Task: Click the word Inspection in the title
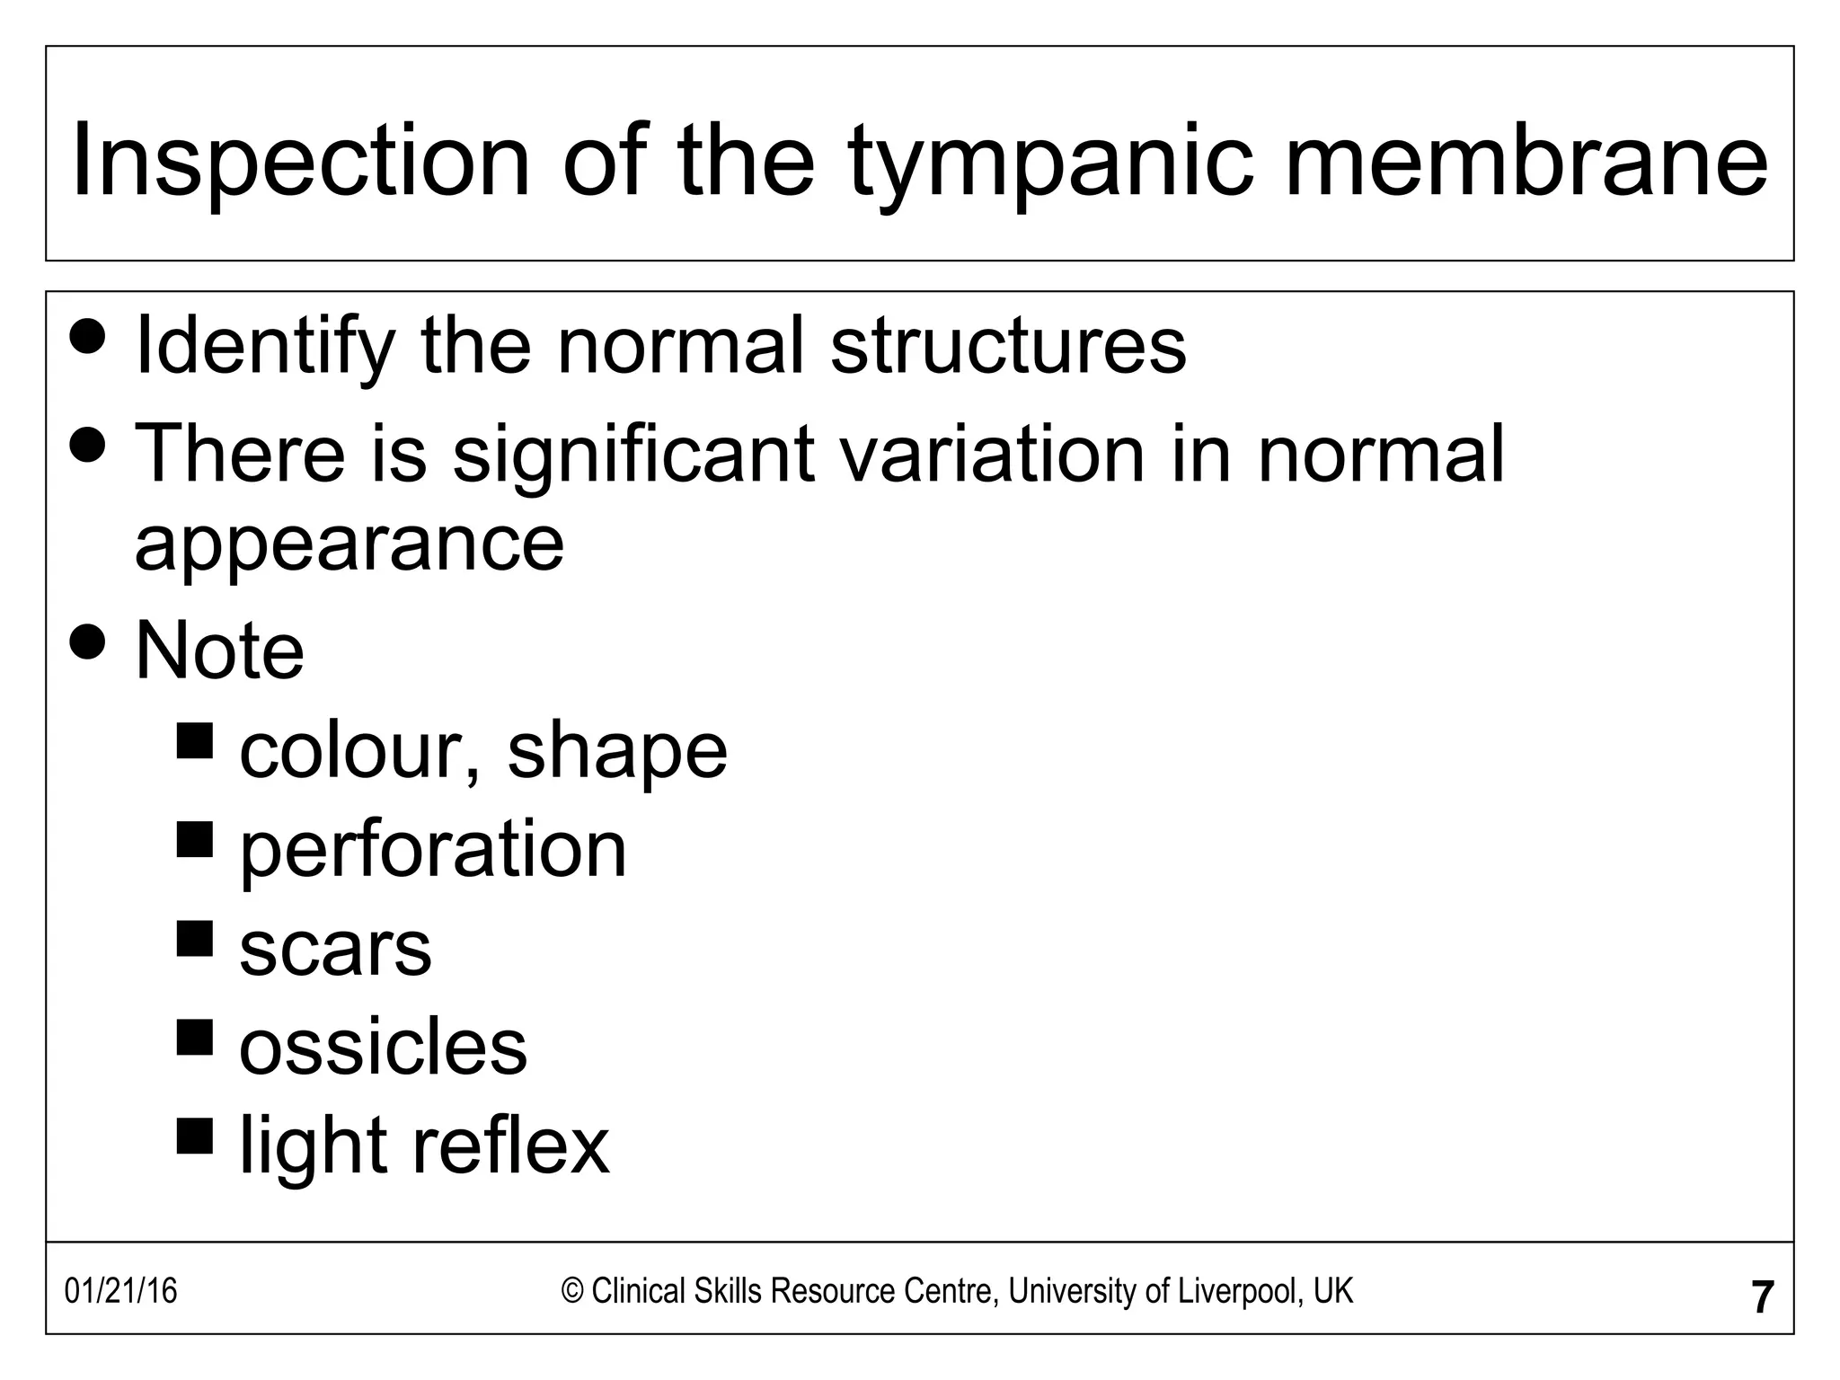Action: coord(301,162)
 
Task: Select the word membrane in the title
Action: coord(1526,162)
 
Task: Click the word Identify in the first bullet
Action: coord(265,348)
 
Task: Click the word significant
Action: coord(632,454)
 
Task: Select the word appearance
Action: coord(349,544)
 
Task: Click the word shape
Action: coord(617,752)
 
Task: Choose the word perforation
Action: coord(433,850)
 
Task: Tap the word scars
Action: coord(335,950)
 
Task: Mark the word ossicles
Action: coord(383,1048)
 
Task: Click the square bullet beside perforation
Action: coord(195,840)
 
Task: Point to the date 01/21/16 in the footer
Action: coord(121,1292)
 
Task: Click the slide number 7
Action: coord(1763,1297)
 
